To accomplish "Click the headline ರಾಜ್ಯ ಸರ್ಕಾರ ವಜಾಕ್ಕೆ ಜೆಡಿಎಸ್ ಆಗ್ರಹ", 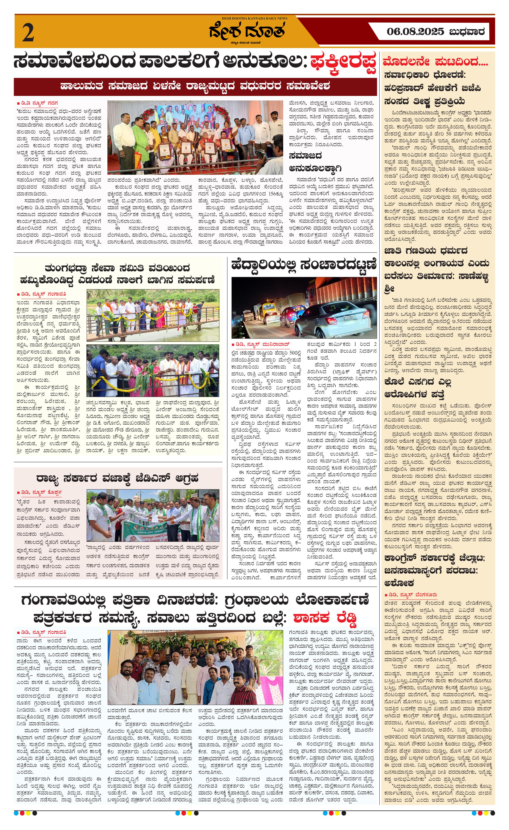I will (117, 478).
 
